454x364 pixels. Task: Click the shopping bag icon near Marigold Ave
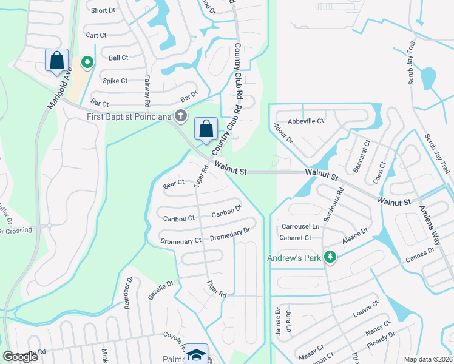pos(56,60)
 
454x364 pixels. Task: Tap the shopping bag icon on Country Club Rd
pos(206,129)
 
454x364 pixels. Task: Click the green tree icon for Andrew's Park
pos(330,257)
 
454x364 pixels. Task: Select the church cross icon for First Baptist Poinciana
pos(180,115)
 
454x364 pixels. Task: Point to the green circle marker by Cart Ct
pos(87,62)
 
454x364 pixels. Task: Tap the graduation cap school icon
pos(197,355)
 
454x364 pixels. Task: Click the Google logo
pos(21,357)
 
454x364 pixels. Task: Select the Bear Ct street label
pos(173,182)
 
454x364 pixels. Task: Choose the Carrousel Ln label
pos(296,226)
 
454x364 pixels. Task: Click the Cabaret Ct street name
pos(296,238)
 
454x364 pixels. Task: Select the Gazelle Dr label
pos(161,289)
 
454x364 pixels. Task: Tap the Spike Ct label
pos(115,81)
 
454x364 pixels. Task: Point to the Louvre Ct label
pos(365,310)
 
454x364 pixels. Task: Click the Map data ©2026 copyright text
pos(428,359)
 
